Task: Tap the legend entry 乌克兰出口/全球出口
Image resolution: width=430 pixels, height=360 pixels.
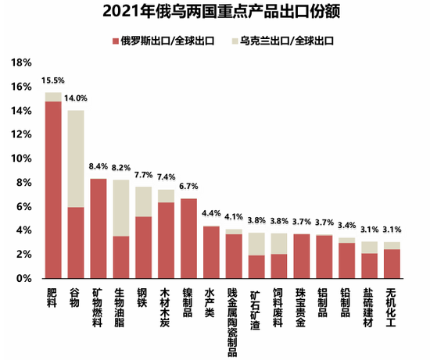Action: click(285, 40)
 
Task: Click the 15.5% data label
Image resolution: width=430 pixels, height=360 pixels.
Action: click(53, 81)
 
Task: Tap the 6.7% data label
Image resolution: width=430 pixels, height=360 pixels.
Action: click(189, 187)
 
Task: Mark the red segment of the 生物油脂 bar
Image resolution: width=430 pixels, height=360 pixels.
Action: click(121, 257)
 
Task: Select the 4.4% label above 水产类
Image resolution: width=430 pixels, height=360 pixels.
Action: click(212, 214)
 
